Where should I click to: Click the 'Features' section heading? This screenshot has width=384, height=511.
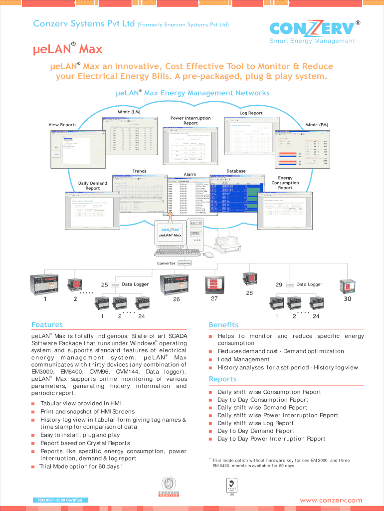[47, 325]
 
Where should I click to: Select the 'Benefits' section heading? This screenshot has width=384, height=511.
[223, 325]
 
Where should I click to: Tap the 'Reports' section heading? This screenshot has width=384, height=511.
[222, 379]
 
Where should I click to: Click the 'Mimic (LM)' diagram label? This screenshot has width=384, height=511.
[129, 112]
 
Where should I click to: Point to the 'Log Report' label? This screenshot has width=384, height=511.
[251, 113]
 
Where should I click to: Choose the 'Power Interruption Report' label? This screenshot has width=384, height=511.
[191, 121]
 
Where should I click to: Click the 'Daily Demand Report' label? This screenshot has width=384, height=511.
[93, 186]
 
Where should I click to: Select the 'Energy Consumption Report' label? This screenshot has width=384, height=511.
[285, 183]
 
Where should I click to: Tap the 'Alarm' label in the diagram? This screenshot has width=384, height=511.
[190, 174]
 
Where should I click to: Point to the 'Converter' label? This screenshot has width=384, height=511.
[166, 263]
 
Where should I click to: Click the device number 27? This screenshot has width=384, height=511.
[214, 298]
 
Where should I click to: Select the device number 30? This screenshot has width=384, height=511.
[348, 299]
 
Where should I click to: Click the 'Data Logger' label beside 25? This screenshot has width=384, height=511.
[135, 284]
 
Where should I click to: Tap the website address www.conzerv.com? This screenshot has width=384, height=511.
[331, 500]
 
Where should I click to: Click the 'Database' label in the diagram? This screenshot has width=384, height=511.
[236, 171]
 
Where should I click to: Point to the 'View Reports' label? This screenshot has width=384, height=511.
[62, 125]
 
